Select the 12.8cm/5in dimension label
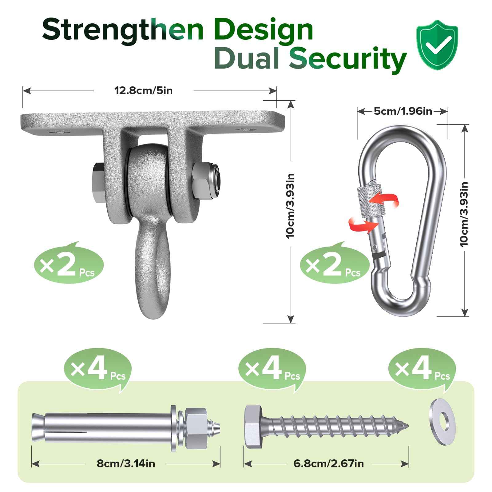(143, 91)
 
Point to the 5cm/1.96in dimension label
(403, 111)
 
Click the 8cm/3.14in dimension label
(126, 463)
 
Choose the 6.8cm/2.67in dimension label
(328, 463)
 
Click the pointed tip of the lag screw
(405, 426)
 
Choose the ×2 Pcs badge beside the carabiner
(335, 264)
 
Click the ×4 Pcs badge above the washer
(422, 369)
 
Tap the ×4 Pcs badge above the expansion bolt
(98, 369)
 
